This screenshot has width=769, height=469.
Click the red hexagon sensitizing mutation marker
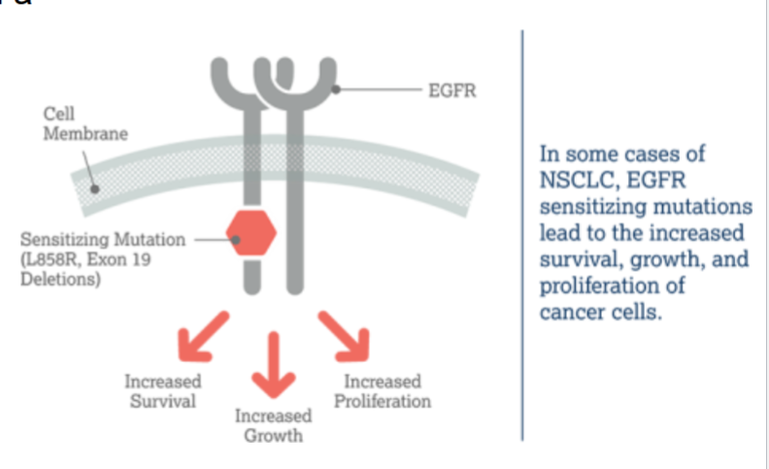click(x=251, y=233)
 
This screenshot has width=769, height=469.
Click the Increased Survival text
click(x=163, y=390)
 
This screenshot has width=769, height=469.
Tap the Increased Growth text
click(x=273, y=425)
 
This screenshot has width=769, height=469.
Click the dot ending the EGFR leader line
click(x=335, y=89)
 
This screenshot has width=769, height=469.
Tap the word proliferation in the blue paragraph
click(x=602, y=286)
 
